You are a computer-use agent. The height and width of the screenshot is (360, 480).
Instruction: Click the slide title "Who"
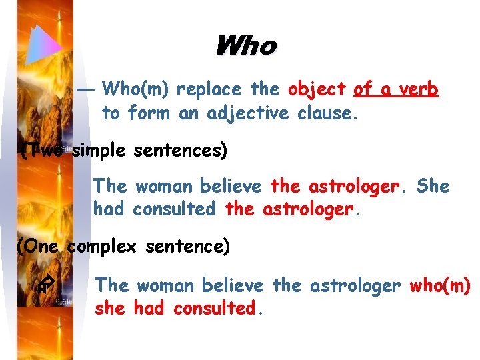coord(245,47)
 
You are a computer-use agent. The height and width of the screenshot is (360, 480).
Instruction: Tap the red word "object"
coord(317,89)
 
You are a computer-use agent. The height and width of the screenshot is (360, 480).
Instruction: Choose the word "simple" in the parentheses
coord(99,151)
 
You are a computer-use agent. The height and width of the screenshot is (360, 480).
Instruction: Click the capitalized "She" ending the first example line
coord(433,187)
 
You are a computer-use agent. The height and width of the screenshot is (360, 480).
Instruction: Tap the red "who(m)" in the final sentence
coord(440,286)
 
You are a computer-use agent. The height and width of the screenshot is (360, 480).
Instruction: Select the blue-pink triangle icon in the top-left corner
coord(45,45)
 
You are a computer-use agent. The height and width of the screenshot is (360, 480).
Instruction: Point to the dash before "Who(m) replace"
coord(87,89)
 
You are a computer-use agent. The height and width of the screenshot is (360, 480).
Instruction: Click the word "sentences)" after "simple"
coord(180,151)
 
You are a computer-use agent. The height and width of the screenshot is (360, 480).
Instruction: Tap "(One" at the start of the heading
coord(38,247)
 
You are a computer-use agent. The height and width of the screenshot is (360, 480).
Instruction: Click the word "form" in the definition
coord(148,114)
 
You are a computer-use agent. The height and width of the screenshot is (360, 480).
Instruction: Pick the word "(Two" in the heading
coord(42,151)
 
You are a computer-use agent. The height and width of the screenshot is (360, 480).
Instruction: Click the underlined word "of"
coord(363,89)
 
